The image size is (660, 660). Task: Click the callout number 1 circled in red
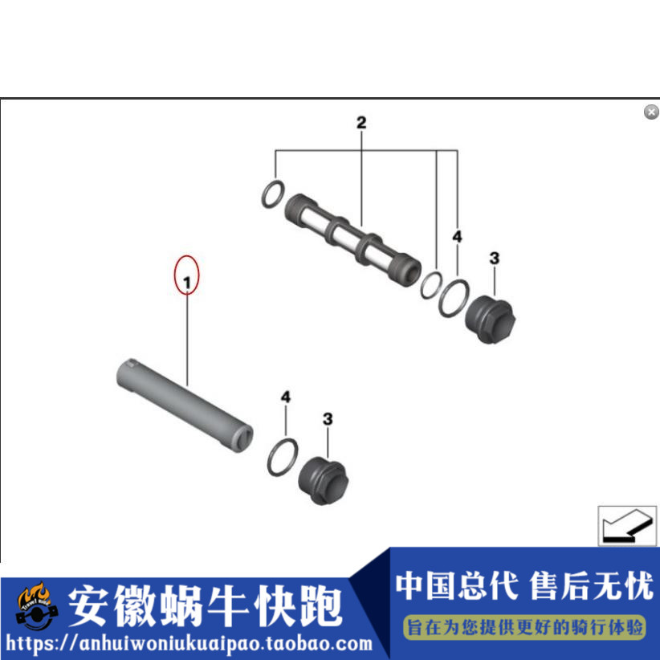coord(187,282)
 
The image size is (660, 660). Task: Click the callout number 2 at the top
coord(361,123)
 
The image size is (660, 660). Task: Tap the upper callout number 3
coord(495,258)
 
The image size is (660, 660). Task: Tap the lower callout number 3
coord(327,418)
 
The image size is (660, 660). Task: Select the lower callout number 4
coord(285,397)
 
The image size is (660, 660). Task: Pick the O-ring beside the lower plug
coord(282,456)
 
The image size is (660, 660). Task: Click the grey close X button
coord(651,112)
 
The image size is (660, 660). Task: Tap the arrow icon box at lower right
coord(626,525)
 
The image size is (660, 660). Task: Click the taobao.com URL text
coord(190,643)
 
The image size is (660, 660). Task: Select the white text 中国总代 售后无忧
coord(524,585)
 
